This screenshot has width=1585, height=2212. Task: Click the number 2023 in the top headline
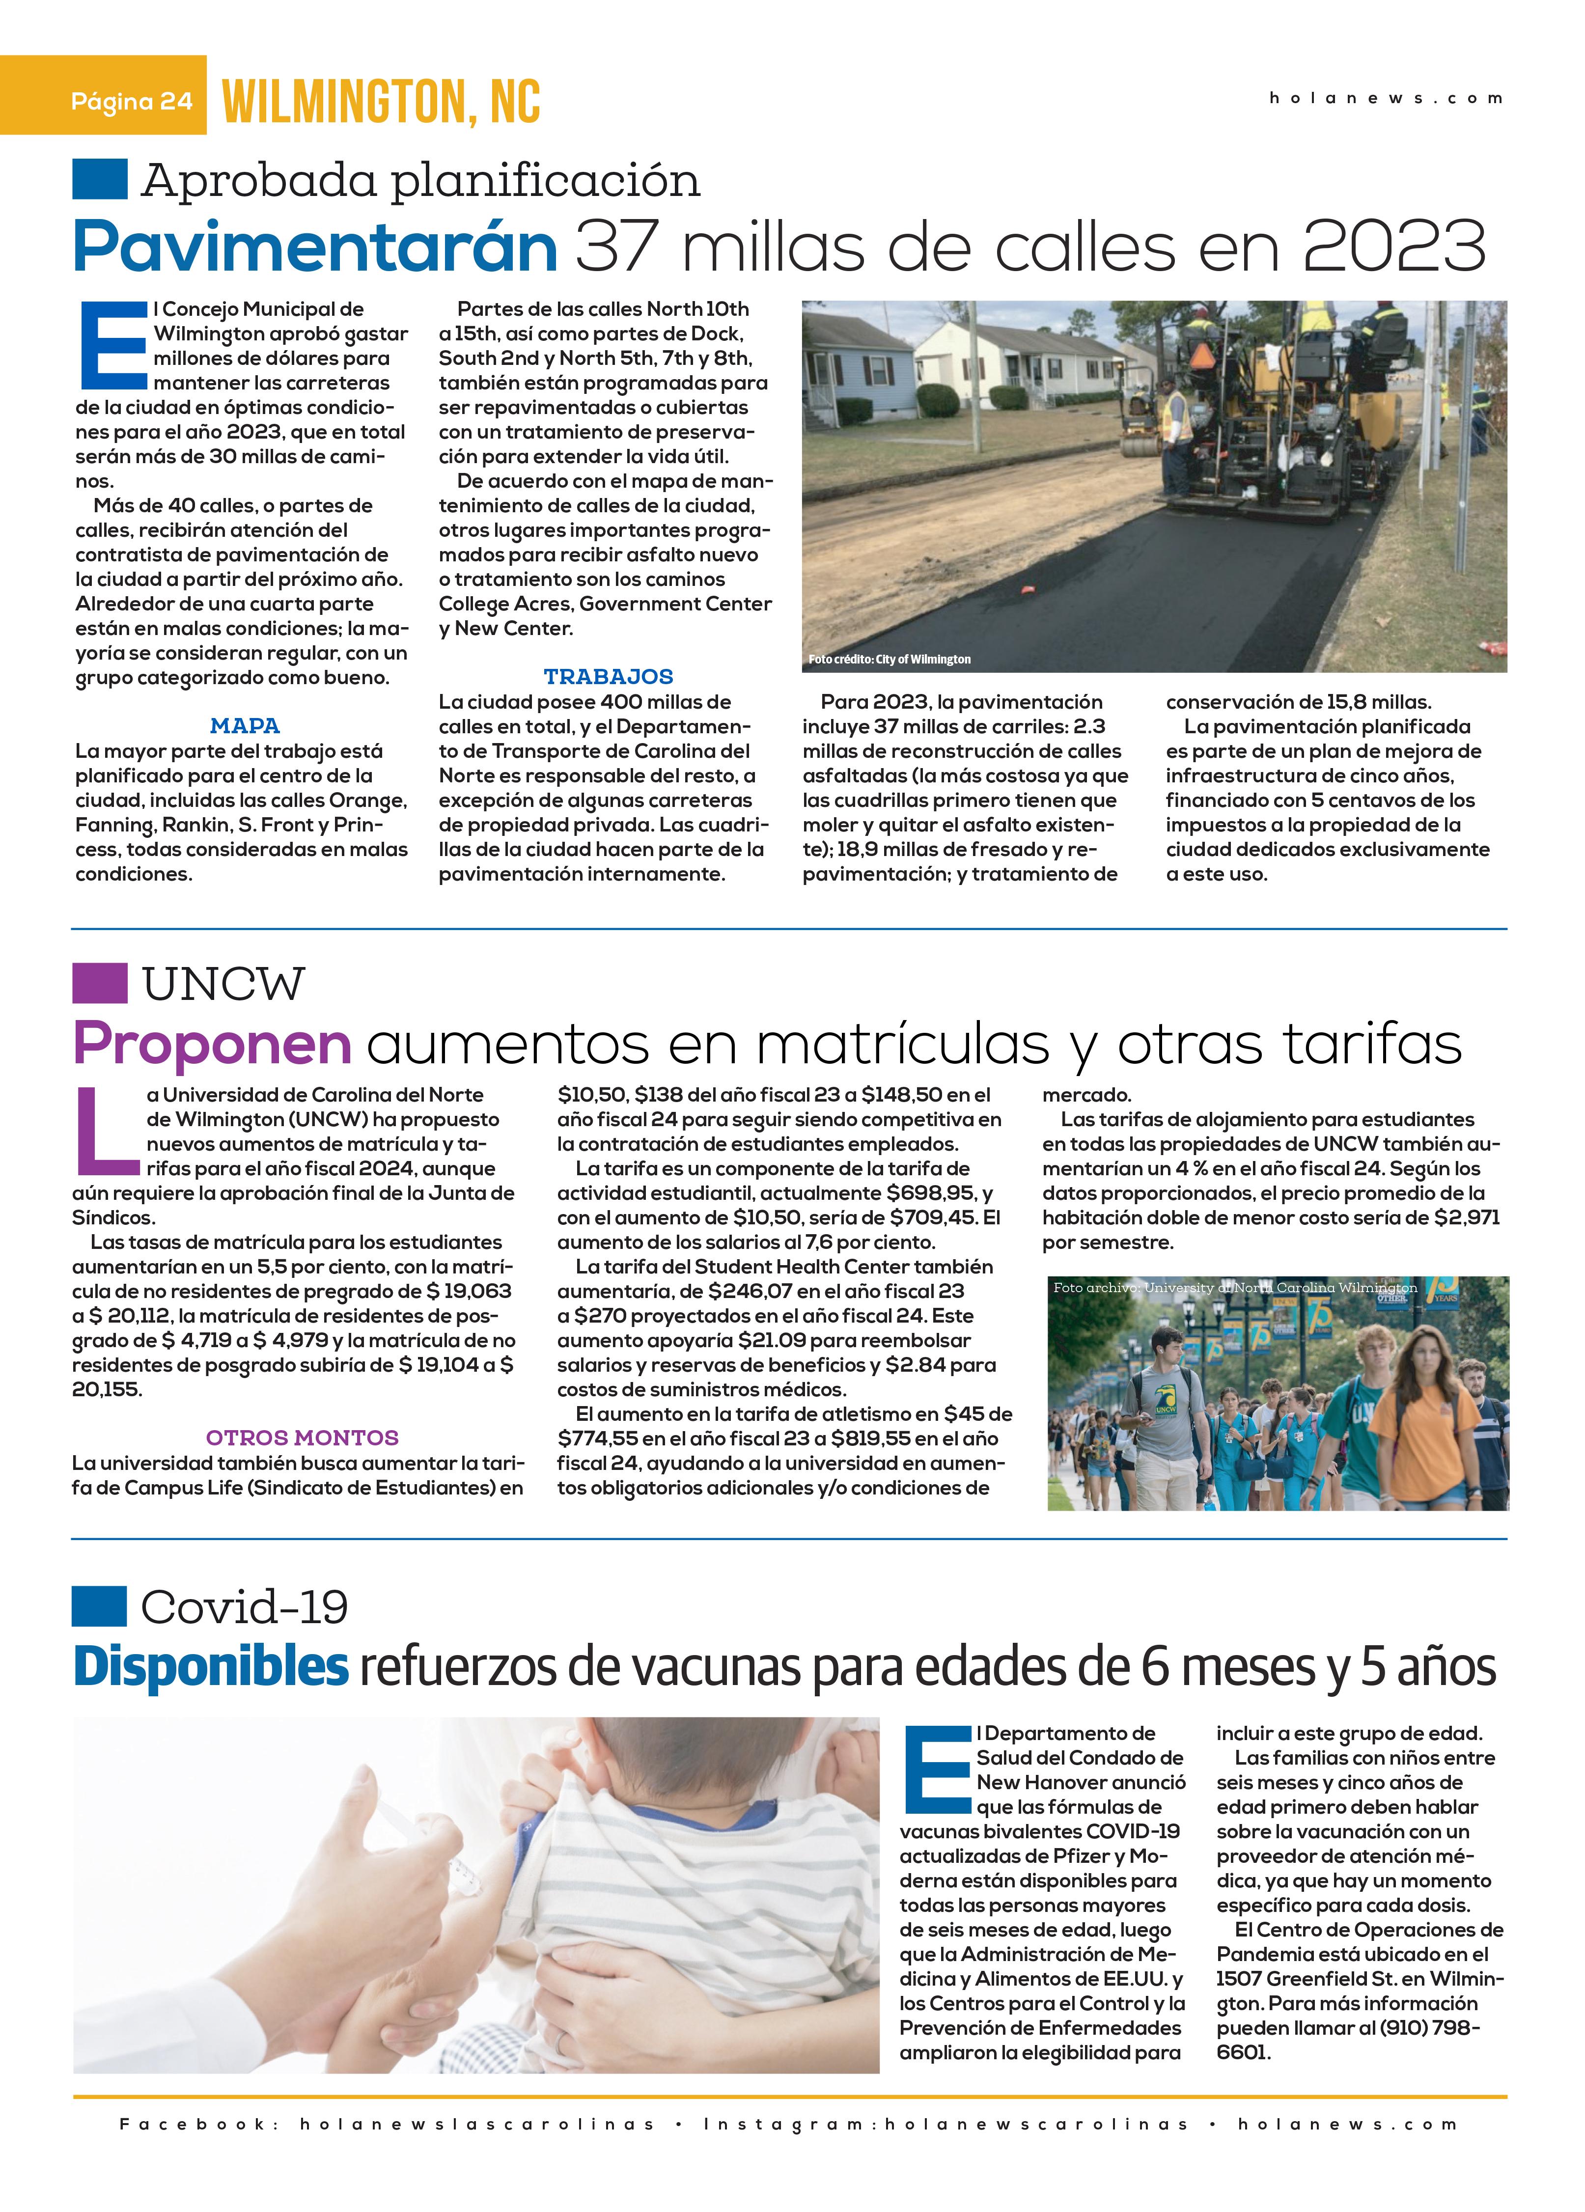tap(1394, 248)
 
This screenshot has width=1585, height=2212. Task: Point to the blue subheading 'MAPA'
tap(245, 726)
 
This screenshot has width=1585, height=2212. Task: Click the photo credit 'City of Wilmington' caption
tap(890, 659)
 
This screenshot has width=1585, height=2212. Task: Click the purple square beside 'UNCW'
tap(100, 983)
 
